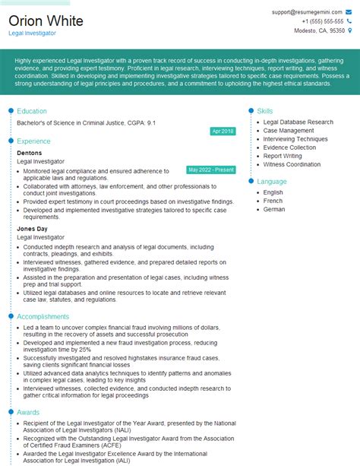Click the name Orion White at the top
coord(46,21)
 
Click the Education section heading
coord(32,111)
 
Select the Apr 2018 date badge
coord(223,131)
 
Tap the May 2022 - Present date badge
coord(211,170)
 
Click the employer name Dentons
coord(30,153)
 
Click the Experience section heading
coord(33,141)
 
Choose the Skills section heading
coord(265,111)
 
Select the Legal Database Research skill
coord(298,122)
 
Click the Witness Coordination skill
coord(292,164)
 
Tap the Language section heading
coord(272,182)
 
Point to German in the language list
coord(273,209)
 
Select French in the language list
coord(273,201)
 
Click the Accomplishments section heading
coord(43,316)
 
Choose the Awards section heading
coord(28,413)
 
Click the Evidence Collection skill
coord(289,147)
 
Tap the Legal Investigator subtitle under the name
coord(32,34)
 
